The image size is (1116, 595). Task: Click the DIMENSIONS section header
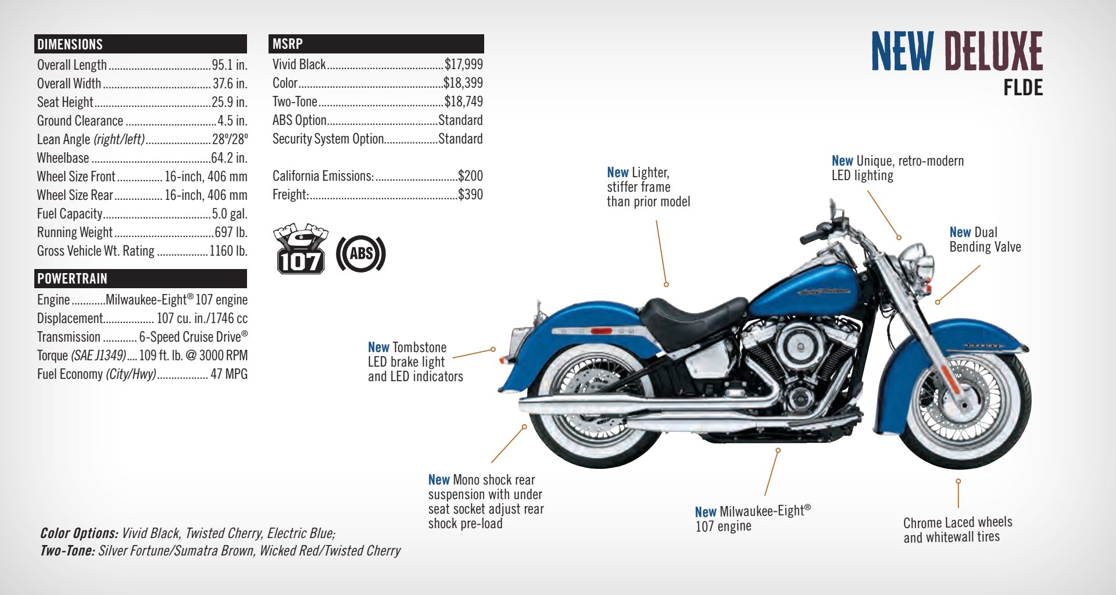coord(70,44)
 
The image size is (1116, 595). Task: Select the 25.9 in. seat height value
coord(230,102)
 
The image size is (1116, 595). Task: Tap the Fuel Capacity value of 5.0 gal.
coord(230,214)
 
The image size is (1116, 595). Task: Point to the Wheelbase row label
coord(63,158)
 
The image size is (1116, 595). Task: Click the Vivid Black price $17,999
coord(464,64)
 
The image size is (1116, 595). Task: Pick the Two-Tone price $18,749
coord(464,102)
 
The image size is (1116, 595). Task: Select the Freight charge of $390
coord(471,195)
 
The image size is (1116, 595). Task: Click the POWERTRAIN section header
coord(72,279)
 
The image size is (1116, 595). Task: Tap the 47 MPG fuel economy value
coord(229,374)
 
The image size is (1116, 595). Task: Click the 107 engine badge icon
coord(300,249)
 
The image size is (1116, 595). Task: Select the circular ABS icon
coord(361,253)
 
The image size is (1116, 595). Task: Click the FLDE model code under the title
coord(1023,88)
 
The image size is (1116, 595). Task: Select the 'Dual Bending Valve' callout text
coord(985,239)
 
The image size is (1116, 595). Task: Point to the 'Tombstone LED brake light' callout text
coord(416,362)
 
